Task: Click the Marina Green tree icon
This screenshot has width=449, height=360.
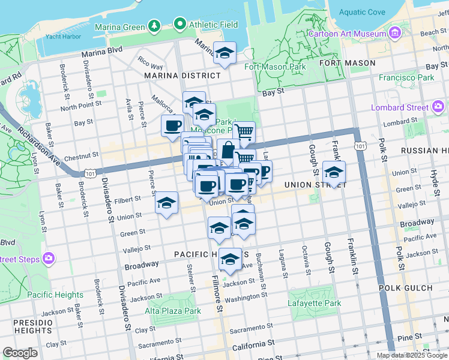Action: click(x=154, y=26)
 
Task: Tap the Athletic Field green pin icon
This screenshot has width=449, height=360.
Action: click(x=179, y=25)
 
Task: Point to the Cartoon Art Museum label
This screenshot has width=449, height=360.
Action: click(x=347, y=34)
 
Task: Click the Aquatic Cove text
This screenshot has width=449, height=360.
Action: click(x=363, y=12)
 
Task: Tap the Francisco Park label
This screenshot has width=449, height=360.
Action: click(x=406, y=77)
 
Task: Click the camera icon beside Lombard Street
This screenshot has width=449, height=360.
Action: click(x=439, y=107)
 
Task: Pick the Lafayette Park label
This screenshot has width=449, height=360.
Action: click(x=315, y=304)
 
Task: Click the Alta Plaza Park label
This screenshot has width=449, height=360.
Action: click(x=173, y=311)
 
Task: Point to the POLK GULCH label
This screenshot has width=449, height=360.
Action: click(x=405, y=288)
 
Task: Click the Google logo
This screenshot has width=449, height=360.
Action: click(x=19, y=353)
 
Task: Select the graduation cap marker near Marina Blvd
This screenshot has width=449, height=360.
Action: click(x=224, y=53)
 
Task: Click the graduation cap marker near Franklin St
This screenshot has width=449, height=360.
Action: click(x=334, y=172)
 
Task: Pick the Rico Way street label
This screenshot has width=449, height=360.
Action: click(x=150, y=63)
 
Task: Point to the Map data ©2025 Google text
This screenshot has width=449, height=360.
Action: click(x=410, y=355)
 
